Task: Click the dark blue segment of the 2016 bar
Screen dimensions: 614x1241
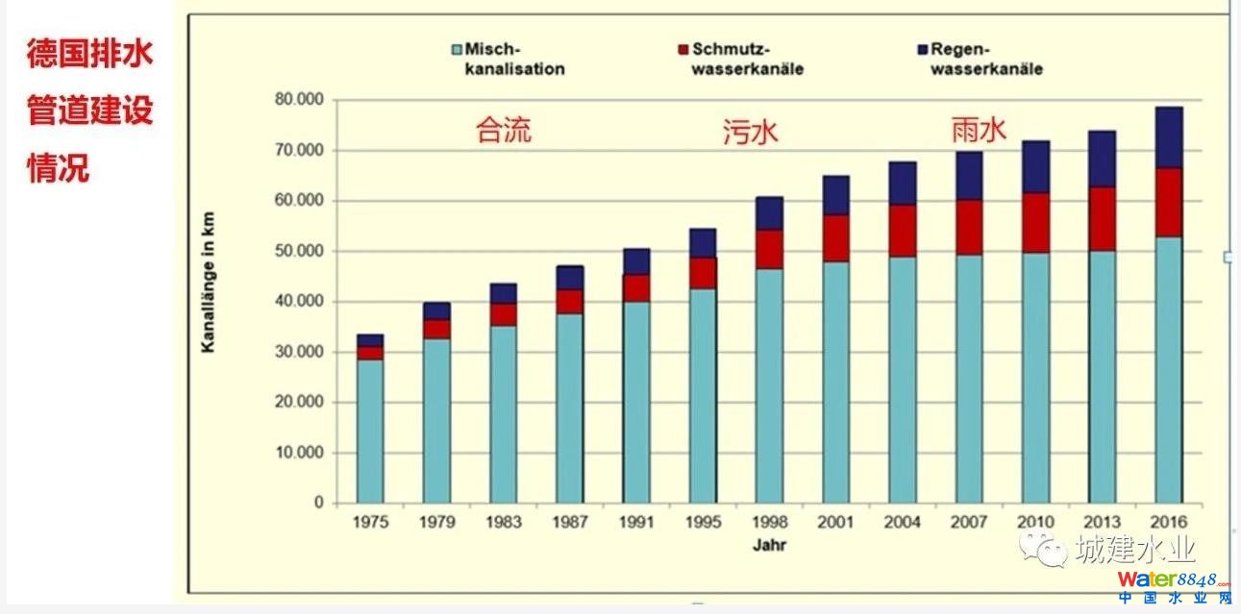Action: point(1168,137)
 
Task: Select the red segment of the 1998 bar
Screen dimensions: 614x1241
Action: point(769,249)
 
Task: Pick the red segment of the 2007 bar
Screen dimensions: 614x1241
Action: point(969,227)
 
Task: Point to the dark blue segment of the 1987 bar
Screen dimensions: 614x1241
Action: point(569,278)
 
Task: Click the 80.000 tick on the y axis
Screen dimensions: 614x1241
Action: point(299,100)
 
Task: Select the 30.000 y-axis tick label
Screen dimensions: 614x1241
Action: point(299,352)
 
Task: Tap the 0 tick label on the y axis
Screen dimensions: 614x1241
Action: point(319,503)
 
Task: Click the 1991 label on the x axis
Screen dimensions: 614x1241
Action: point(636,523)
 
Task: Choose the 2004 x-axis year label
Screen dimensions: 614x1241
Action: point(902,523)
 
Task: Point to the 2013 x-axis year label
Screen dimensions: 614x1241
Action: point(1102,523)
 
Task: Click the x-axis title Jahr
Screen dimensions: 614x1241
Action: point(769,545)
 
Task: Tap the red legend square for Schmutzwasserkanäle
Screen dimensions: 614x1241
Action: point(683,49)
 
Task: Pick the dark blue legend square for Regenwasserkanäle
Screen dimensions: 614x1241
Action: point(922,49)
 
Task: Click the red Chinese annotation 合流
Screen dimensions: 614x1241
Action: point(503,131)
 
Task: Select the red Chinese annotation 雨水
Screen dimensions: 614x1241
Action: point(979,129)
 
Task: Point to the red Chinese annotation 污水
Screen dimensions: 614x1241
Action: point(750,132)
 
